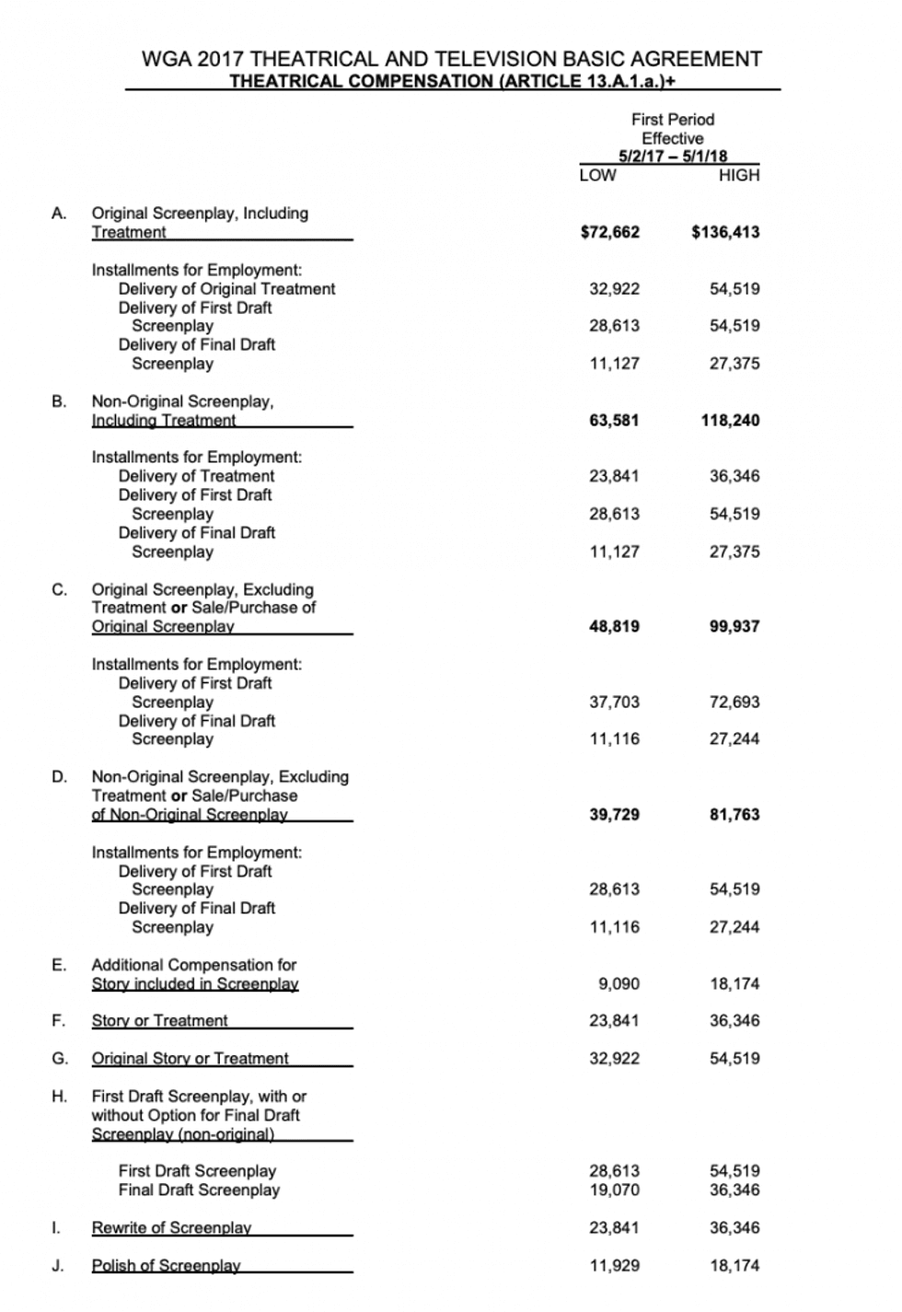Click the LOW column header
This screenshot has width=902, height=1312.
pyautogui.click(x=597, y=175)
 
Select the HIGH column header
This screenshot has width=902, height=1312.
pyautogui.click(x=739, y=175)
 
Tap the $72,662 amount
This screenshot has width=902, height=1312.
pyautogui.click(x=609, y=232)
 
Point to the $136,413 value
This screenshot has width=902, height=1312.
pyautogui.click(x=725, y=232)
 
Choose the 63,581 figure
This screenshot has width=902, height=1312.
pyautogui.click(x=614, y=421)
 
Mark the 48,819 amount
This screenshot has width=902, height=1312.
pyautogui.click(x=614, y=627)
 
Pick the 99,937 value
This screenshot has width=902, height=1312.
pyautogui.click(x=734, y=627)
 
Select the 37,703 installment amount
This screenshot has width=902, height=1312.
pyautogui.click(x=614, y=702)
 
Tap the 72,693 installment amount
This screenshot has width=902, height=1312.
pyautogui.click(x=734, y=702)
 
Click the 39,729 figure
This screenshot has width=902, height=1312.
pyautogui.click(x=614, y=815)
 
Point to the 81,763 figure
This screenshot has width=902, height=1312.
pyautogui.click(x=734, y=815)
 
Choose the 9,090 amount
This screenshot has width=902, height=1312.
pyautogui.click(x=619, y=984)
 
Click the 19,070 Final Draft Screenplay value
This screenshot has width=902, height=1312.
pyautogui.click(x=614, y=1190)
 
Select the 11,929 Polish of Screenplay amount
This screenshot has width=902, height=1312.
pyautogui.click(x=614, y=1266)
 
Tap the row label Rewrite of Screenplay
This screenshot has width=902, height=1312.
pyautogui.click(x=171, y=1228)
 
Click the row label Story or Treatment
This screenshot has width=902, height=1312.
pyautogui.click(x=159, y=1021)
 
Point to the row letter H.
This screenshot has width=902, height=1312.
pyautogui.click(x=59, y=1097)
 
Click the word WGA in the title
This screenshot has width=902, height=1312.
pyautogui.click(x=167, y=59)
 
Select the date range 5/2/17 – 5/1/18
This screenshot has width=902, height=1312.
pyautogui.click(x=673, y=157)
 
